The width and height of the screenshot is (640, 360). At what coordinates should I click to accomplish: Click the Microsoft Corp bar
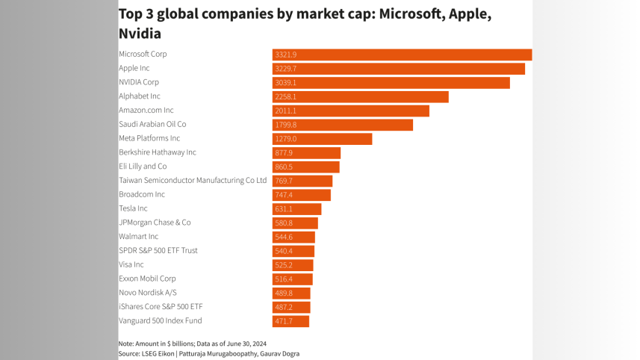402,55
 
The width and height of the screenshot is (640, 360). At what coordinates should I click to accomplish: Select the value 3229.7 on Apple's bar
286,69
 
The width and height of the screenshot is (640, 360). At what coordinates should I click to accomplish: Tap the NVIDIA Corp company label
139,82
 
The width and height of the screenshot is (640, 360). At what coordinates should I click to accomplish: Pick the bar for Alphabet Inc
360,96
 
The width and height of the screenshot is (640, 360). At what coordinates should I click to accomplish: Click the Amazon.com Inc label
146,111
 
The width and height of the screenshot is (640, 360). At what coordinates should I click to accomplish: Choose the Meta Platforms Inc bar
322,139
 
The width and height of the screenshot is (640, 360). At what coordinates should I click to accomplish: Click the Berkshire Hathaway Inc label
158,152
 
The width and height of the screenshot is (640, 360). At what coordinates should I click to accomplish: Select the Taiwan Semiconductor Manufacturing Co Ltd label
193,181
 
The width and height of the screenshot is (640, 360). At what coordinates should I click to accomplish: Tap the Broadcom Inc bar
301,195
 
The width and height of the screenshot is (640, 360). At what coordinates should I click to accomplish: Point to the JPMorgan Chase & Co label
155,223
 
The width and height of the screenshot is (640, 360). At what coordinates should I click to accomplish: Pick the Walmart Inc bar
293,237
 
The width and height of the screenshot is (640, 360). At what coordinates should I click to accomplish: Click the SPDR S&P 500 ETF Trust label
158,251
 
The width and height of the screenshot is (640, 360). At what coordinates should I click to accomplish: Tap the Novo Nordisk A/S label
148,293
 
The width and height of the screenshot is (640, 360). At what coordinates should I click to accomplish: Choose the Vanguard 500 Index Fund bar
291,321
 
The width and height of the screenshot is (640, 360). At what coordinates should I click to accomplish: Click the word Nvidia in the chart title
140,34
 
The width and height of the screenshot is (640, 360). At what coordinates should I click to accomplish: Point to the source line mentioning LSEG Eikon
208,353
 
